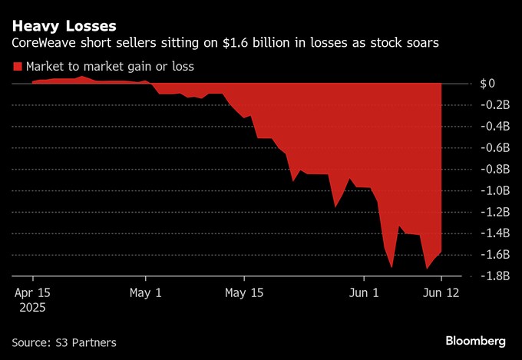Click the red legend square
click(x=18, y=67)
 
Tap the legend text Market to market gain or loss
click(x=110, y=67)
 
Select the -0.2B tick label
click(x=491, y=104)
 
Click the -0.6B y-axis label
click(x=491, y=147)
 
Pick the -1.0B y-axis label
click(x=491, y=190)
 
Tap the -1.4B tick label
click(x=491, y=233)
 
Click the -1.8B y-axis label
click(x=491, y=276)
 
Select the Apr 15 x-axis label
click(x=33, y=292)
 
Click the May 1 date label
click(x=146, y=292)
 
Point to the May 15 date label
click(x=244, y=292)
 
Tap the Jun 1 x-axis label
click(x=364, y=292)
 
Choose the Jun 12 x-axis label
click(x=441, y=292)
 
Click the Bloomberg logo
click(x=475, y=340)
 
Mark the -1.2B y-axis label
click(x=491, y=212)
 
